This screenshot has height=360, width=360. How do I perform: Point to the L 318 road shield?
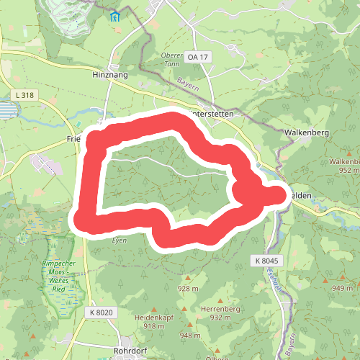[23, 94]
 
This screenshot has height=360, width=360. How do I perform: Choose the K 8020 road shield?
[102, 312]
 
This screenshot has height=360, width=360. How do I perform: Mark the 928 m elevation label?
[188, 289]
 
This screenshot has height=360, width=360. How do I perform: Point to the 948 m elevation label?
[190, 336]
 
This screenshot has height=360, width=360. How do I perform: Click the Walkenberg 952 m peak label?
[343, 166]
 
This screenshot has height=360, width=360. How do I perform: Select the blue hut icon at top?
[114, 16]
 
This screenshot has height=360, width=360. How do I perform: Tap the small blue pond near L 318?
[6, 111]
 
